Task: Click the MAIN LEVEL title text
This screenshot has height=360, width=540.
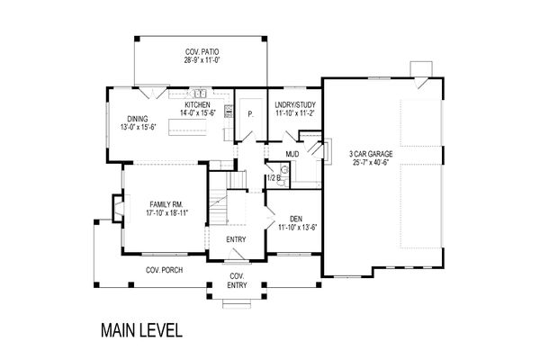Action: click(141, 330)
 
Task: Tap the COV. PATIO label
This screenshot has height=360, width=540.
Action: click(202, 52)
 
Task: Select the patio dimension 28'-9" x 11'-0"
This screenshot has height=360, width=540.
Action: click(202, 60)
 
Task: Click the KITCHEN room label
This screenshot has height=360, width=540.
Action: click(197, 104)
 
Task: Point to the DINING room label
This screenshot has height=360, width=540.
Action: click(138, 119)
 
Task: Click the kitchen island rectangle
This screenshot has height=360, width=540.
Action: click(188, 126)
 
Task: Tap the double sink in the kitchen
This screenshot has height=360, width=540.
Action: click(200, 93)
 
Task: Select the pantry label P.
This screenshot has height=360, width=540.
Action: click(250, 114)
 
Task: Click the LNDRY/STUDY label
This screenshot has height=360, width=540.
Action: click(295, 104)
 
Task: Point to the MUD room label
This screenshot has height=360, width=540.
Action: click(292, 154)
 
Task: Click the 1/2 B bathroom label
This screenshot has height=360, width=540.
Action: click(274, 178)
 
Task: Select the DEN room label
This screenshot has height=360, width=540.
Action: click(296, 219)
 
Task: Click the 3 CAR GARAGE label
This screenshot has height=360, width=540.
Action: click(371, 154)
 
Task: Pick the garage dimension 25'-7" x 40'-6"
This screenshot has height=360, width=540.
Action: click(371, 163)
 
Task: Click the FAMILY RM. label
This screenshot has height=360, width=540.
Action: click(166, 204)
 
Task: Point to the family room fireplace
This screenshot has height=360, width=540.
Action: click(118, 209)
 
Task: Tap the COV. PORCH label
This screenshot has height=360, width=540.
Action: click(165, 270)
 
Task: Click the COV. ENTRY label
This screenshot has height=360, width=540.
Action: click(237, 281)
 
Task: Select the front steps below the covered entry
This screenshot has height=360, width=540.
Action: click(237, 303)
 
